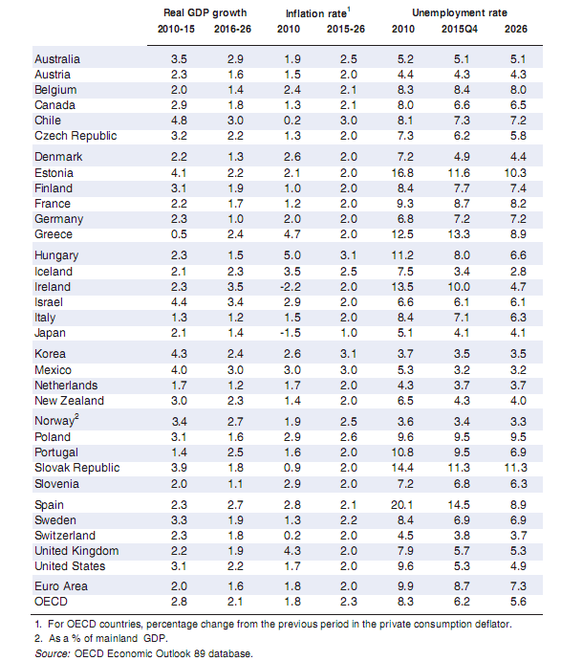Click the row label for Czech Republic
[x=75, y=136]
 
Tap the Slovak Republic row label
[x=76, y=468]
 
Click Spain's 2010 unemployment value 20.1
[x=409, y=502]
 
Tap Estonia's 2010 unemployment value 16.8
[x=409, y=173]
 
